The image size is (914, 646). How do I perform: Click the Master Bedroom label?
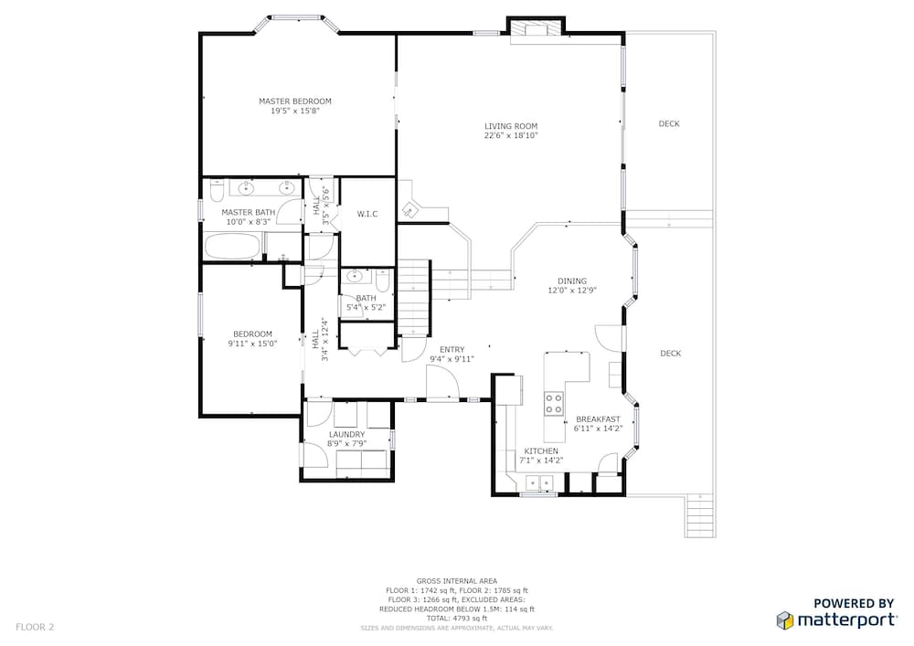[295, 101]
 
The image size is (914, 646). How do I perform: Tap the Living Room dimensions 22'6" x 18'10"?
[511, 136]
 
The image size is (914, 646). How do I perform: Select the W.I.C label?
[367, 215]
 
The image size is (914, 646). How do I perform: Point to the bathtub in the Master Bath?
[232, 247]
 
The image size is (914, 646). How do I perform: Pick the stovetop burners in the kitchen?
[554, 404]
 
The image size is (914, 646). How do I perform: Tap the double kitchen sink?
[539, 482]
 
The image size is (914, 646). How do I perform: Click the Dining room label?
[572, 281]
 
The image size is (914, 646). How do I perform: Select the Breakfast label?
[598, 419]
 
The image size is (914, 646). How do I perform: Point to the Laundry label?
[346, 435]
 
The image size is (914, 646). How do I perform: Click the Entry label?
[452, 350]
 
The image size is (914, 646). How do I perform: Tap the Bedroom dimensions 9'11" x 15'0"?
[252, 344]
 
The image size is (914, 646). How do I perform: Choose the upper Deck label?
[669, 123]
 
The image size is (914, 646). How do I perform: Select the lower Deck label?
[671, 354]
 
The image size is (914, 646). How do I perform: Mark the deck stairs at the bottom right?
[699, 515]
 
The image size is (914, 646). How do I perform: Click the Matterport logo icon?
[785, 620]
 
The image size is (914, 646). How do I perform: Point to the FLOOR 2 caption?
[35, 628]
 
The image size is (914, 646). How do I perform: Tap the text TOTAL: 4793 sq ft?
[456, 619]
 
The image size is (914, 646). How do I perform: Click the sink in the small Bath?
[355, 276]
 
